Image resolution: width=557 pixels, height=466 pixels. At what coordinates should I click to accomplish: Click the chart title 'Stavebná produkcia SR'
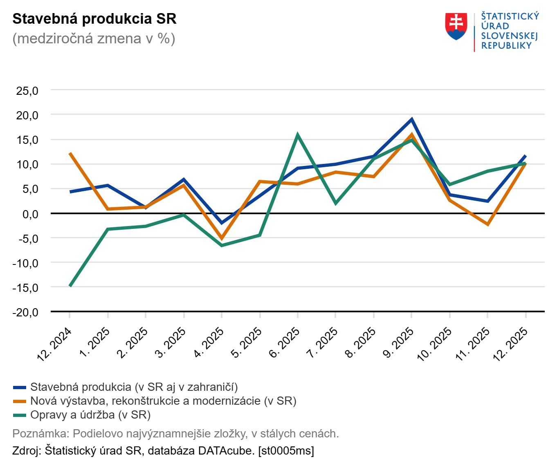tap(94, 19)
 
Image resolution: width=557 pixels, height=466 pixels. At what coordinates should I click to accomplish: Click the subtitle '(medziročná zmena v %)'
tap(94, 38)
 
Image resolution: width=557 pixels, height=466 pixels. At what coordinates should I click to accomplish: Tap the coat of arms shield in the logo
tap(456, 26)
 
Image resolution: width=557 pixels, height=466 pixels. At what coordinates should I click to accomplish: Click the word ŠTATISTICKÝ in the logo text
tap(510, 16)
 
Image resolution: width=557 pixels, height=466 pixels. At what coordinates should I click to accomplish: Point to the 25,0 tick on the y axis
tap(27, 91)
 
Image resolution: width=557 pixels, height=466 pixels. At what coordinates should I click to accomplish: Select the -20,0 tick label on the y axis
tap(25, 312)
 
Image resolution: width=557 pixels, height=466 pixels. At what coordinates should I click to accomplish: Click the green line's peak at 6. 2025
tap(297, 134)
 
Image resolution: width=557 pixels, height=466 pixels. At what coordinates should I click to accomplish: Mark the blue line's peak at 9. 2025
tap(411, 119)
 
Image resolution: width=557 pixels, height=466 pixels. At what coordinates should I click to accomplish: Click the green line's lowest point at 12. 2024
tap(70, 286)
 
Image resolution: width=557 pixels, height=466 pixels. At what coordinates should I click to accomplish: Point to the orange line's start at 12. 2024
tap(70, 153)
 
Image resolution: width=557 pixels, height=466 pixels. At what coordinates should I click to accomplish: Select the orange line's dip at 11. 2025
tap(487, 224)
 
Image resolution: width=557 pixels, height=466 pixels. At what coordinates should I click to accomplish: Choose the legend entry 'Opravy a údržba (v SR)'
tap(90, 415)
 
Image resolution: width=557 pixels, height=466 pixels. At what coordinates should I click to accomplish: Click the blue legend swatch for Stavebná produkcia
tap(20, 387)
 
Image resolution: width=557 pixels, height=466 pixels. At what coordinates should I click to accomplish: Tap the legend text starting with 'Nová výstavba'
tap(163, 401)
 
